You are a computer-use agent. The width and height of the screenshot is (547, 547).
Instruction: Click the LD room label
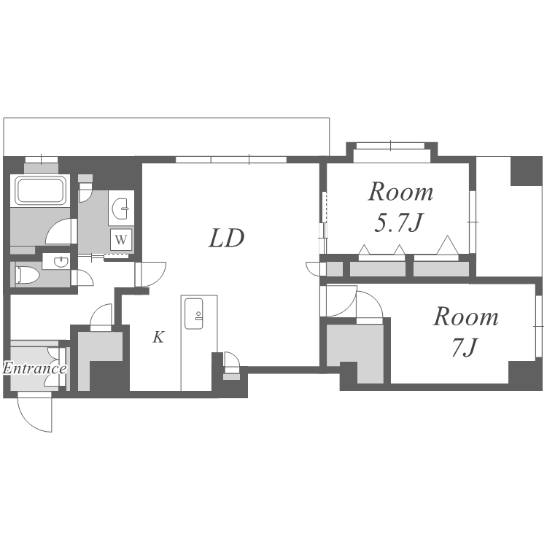click(x=226, y=238)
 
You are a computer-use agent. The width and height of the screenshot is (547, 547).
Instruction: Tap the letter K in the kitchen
click(x=158, y=337)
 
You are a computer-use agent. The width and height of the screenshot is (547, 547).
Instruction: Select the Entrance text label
click(x=34, y=368)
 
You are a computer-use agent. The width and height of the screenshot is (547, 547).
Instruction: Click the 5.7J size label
click(x=399, y=223)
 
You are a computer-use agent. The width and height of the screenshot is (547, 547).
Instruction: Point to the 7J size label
click(x=464, y=347)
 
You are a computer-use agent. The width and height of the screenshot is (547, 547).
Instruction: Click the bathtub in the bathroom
click(x=40, y=190)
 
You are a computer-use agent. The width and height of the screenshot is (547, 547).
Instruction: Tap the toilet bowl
click(x=28, y=275)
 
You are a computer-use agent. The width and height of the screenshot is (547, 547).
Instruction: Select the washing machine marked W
click(x=121, y=240)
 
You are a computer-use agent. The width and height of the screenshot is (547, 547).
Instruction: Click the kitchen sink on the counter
click(x=193, y=314)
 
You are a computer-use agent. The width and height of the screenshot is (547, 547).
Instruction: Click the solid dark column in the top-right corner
click(x=527, y=171)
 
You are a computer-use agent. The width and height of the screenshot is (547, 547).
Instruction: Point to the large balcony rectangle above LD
click(x=166, y=137)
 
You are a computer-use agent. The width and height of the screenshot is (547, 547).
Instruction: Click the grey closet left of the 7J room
click(x=355, y=352)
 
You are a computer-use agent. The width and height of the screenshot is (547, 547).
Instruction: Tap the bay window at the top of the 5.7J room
click(x=392, y=153)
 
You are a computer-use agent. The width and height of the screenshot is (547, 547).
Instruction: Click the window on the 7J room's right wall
click(x=539, y=326)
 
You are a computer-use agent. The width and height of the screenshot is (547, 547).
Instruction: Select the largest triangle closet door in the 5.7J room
click(x=447, y=246)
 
